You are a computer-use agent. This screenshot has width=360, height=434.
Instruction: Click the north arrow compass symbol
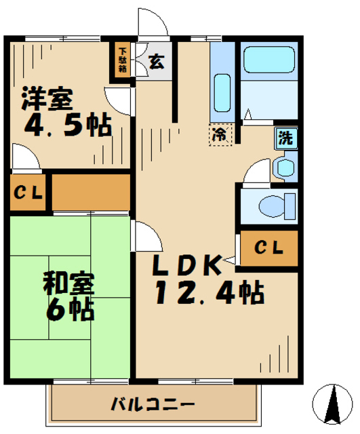[x=332, y=404]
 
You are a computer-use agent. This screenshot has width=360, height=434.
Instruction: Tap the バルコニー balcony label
[x=153, y=404]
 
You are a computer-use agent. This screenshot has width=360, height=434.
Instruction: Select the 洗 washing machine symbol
[x=286, y=138]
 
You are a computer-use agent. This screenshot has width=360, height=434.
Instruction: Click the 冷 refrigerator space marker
[x=220, y=135]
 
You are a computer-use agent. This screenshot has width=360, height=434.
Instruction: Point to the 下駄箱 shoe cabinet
[x=122, y=60]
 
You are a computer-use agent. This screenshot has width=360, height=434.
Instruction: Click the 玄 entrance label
[x=157, y=62]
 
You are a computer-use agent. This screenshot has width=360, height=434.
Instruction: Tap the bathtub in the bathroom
[x=268, y=60]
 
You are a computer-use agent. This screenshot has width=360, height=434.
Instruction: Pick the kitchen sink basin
[x=222, y=93]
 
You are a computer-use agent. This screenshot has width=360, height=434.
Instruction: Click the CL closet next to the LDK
[x=269, y=248]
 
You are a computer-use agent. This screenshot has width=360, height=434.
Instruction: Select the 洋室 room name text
[x=47, y=98]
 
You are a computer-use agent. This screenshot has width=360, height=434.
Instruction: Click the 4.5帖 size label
[x=68, y=125]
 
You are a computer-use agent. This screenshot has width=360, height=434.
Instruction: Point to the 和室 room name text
[x=68, y=283]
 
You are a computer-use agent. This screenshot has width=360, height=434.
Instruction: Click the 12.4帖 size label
[x=209, y=293]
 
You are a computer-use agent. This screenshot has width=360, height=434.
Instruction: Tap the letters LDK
[x=188, y=264]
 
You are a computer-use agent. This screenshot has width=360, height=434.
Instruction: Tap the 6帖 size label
[x=70, y=309]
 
